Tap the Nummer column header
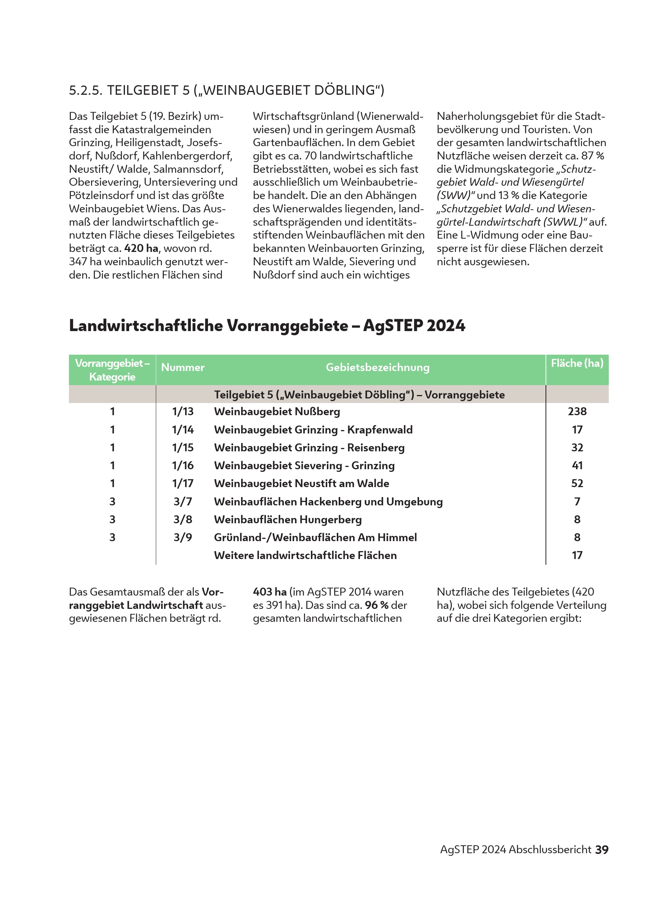point(182,368)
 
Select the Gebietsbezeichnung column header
point(378,368)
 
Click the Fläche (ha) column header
point(577,363)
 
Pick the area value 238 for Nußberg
point(577,411)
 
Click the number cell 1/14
point(182,430)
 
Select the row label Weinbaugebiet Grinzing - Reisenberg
point(309,448)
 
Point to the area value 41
point(577,465)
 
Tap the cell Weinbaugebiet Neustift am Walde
point(301,484)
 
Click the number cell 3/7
point(182,502)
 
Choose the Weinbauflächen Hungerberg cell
point(288,519)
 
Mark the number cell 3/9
point(182,537)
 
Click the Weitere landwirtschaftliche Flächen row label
point(305,555)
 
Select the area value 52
point(577,484)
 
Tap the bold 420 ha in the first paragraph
point(141,249)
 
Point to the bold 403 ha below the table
point(270,592)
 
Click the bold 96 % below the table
point(376,605)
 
